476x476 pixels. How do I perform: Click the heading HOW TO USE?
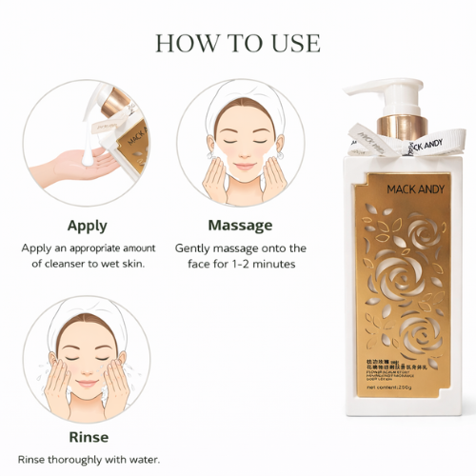tap(237, 43)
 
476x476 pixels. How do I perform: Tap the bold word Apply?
tap(87, 226)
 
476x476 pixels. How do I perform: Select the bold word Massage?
tap(240, 226)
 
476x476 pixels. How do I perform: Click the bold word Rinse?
tap(87, 437)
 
